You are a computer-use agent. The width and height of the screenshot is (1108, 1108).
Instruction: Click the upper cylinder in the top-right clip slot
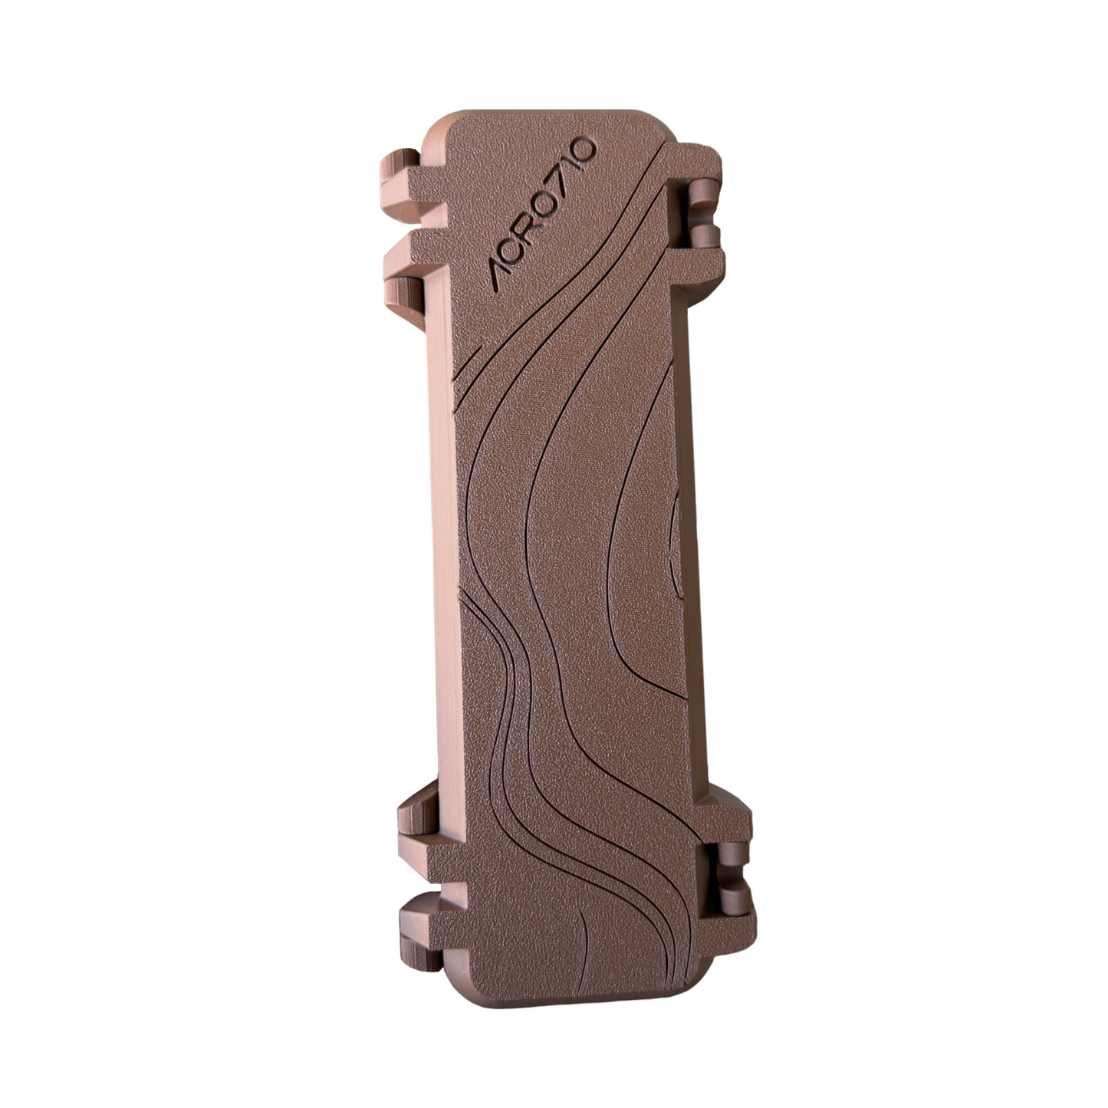tap(703, 193)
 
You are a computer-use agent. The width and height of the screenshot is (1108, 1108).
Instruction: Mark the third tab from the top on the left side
tap(418, 813)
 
